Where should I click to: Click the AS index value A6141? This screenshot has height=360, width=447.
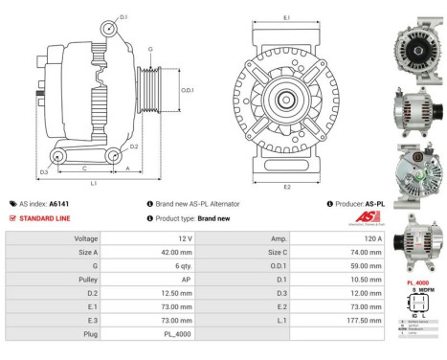(x=58, y=204)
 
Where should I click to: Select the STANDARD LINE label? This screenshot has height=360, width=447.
(x=42, y=218)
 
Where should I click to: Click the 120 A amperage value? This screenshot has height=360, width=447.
(x=374, y=237)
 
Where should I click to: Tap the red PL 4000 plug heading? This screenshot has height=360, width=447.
(x=417, y=283)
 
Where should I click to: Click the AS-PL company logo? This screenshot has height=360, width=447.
(x=368, y=218)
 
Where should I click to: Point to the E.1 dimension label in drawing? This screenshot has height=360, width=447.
(x=288, y=17)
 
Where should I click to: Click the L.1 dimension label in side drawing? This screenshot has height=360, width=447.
(x=93, y=182)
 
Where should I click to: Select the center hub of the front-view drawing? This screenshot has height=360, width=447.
(x=286, y=99)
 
